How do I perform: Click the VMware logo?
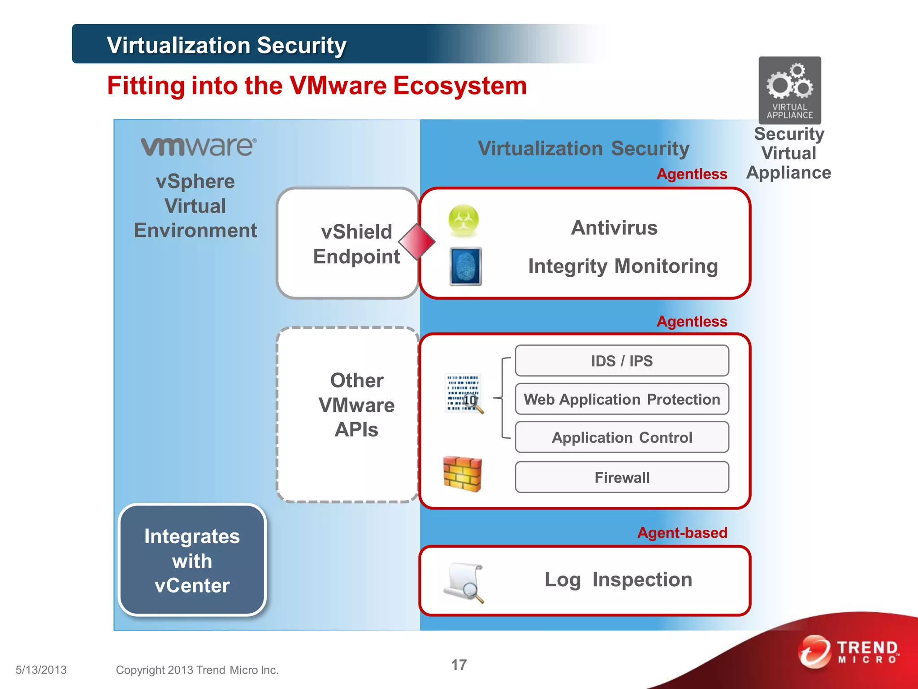click(x=199, y=147)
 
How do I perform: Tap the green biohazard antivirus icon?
click(x=463, y=220)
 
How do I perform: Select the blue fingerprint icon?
click(x=466, y=266)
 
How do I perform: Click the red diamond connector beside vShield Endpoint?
click(x=417, y=242)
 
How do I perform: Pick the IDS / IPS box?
click(x=622, y=361)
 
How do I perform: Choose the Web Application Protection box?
click(x=622, y=399)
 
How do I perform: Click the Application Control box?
click(x=622, y=437)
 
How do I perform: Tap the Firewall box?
click(x=622, y=477)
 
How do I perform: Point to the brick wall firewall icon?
click(x=462, y=474)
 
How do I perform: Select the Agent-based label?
click(x=682, y=532)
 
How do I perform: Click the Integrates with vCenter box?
click(x=192, y=560)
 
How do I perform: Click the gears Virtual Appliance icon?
click(x=789, y=90)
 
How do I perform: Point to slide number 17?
click(x=459, y=665)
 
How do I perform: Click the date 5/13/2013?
click(x=41, y=670)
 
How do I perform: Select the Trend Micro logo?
click(x=849, y=652)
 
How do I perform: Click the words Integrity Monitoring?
click(x=623, y=266)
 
